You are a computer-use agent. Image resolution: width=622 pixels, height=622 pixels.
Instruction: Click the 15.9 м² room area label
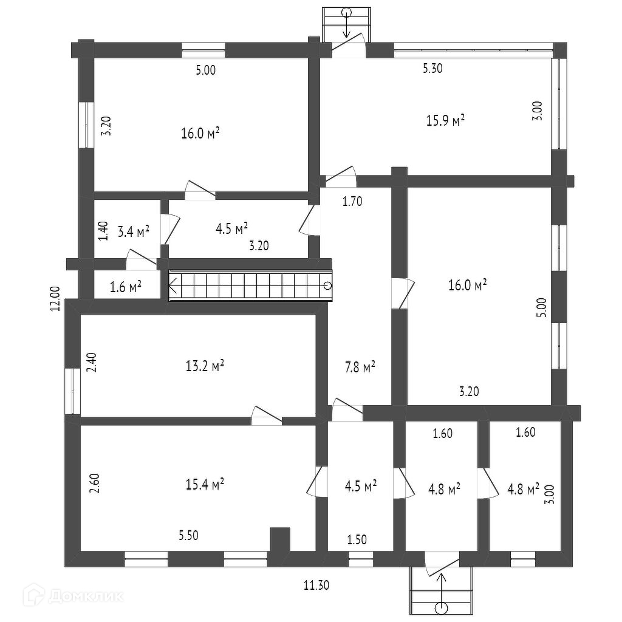(445, 120)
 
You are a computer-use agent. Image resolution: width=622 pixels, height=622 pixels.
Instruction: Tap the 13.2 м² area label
(205, 366)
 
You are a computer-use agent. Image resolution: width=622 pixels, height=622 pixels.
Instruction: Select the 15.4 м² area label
(205, 484)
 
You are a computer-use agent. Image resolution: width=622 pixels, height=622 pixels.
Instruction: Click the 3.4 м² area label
(134, 231)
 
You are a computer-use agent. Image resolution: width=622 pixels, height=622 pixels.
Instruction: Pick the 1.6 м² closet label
(126, 287)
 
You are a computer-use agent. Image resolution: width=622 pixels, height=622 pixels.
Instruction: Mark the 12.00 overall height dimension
(56, 299)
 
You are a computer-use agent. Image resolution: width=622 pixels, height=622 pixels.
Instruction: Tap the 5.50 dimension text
(188, 535)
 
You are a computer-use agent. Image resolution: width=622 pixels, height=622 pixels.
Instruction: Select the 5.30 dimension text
(432, 69)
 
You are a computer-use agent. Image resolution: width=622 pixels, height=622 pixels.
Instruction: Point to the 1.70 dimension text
(352, 202)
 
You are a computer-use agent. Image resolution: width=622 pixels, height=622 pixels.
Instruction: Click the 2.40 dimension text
(91, 363)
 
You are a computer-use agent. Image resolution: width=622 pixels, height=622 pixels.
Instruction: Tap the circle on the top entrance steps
(347, 12)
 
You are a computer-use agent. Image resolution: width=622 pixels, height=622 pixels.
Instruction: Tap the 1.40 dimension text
(103, 231)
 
